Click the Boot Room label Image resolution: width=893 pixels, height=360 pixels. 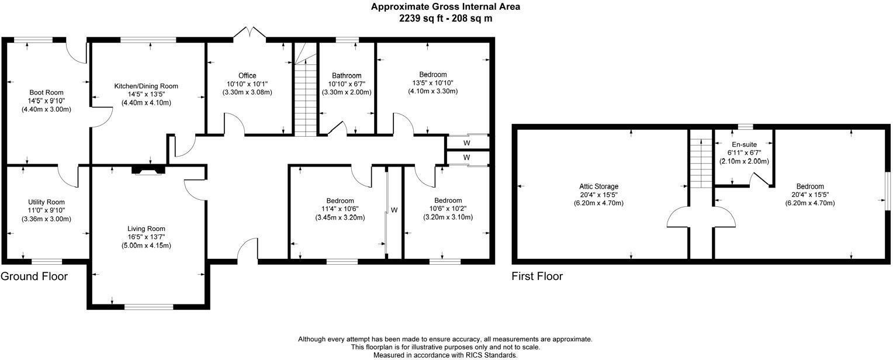pyautogui.click(x=46, y=92)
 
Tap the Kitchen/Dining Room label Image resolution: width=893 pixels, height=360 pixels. pyautogui.click(x=146, y=86)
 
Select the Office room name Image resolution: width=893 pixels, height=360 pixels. pyautogui.click(x=247, y=75)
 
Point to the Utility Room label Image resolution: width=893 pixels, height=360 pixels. pyautogui.click(x=46, y=202)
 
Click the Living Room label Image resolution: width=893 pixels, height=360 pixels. pyautogui.click(x=146, y=229)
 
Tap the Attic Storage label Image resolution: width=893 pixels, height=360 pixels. pyautogui.click(x=598, y=186)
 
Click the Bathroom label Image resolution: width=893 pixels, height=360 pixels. pyautogui.click(x=347, y=75)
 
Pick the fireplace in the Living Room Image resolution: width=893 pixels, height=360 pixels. pyautogui.click(x=148, y=170)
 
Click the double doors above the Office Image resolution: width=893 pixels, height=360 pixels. pyautogui.click(x=250, y=33)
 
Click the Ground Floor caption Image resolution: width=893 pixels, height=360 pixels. pyautogui.click(x=34, y=276)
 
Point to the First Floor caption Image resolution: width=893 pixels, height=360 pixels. pyautogui.click(x=537, y=276)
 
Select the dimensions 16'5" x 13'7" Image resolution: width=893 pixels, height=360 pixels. pyautogui.click(x=146, y=237)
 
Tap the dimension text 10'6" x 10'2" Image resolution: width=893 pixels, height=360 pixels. pyautogui.click(x=448, y=209)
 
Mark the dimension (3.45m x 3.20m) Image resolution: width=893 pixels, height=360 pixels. pyautogui.click(x=340, y=217)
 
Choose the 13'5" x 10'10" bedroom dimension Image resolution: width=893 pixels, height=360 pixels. pyautogui.click(x=432, y=83)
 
